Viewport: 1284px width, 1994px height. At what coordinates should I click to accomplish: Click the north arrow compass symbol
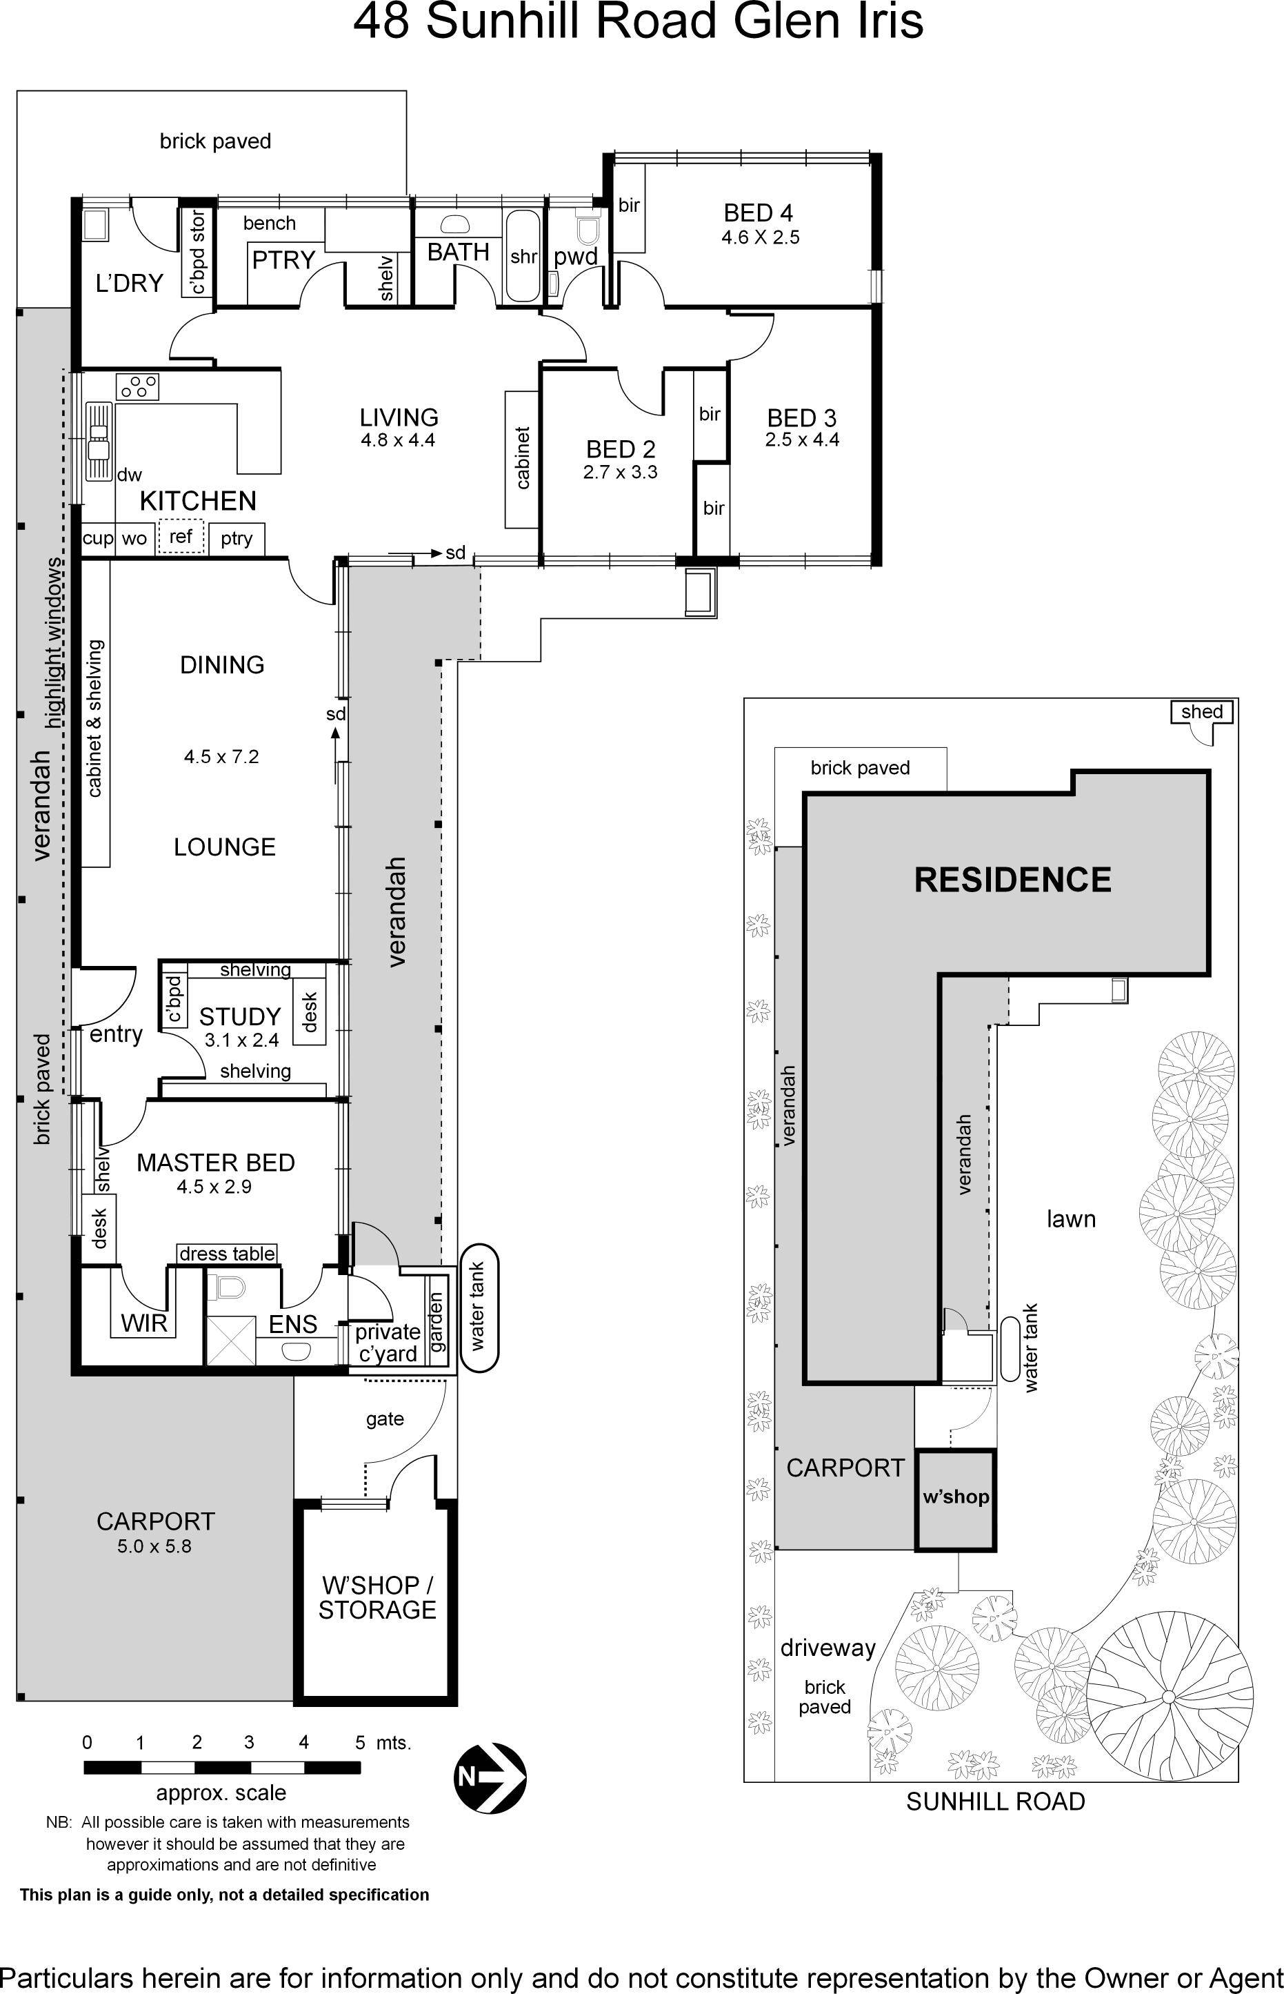pos(490,1777)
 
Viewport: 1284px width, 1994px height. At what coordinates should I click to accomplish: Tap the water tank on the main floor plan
pos(479,1307)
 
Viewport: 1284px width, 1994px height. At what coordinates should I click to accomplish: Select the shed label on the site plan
pos(1201,711)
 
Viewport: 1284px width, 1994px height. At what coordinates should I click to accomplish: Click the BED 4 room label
pos(758,213)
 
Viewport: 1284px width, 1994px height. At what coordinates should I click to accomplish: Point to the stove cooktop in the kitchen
pos(138,386)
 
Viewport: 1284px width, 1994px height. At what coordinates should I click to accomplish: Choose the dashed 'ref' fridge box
pos(181,536)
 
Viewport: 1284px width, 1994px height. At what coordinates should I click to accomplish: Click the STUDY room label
pos(239,1016)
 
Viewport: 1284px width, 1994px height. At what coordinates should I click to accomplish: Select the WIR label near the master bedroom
pos(144,1323)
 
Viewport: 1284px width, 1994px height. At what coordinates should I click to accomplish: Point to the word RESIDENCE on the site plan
pos(1012,880)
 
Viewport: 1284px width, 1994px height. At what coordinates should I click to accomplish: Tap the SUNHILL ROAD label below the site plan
pos(996,1801)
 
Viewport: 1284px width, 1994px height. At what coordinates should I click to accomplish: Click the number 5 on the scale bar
pos(360,1742)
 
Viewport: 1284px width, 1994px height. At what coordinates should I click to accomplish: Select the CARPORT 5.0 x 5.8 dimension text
pos(154,1546)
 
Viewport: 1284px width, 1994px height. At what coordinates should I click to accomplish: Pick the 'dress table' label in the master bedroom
pos(227,1254)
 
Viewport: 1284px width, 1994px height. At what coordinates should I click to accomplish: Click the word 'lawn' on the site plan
pos(1070,1219)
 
